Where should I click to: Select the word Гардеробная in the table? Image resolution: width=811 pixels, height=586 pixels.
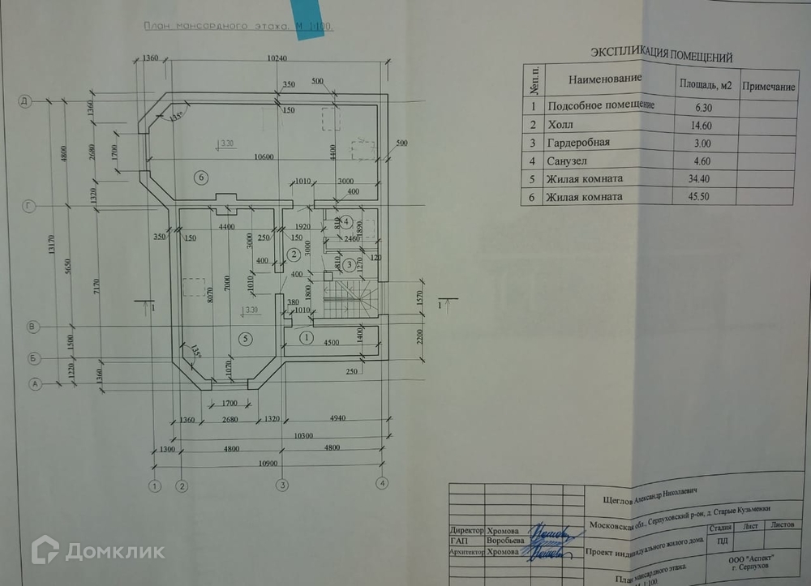pos(579,142)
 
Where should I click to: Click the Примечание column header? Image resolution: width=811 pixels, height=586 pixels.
pos(768,86)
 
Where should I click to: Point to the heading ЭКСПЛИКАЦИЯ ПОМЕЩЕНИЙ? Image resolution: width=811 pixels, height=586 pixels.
pos(661,56)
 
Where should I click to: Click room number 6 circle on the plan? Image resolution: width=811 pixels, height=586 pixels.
pos(201,176)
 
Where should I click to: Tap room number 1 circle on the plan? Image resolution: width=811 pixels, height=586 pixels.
pos(307,336)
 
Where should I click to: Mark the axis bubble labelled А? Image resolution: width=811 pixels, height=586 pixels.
pos(35,384)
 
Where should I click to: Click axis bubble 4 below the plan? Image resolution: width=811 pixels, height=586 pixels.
pos(381,484)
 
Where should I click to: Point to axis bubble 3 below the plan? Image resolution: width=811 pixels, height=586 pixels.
pos(282,485)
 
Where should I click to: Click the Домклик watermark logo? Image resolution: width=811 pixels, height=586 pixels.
pos(97,551)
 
